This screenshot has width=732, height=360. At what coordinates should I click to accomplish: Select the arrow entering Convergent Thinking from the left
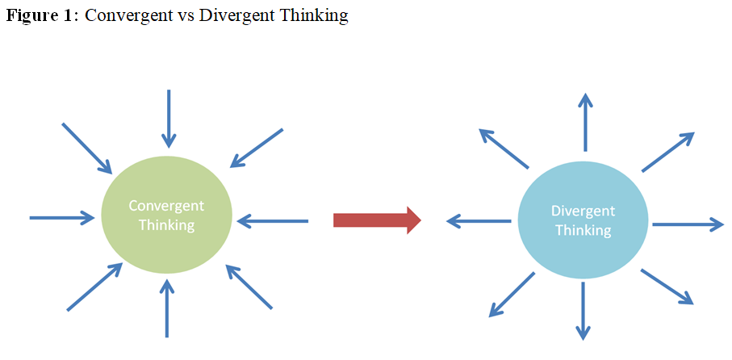(61, 217)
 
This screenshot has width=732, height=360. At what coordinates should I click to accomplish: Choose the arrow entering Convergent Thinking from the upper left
(87, 148)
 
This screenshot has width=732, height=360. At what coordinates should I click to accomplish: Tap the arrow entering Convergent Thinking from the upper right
(257, 148)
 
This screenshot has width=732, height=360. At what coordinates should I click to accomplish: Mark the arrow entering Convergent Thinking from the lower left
(94, 287)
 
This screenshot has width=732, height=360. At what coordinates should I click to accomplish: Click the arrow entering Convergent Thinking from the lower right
(249, 287)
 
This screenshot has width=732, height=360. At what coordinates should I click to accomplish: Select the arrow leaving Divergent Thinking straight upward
(585, 122)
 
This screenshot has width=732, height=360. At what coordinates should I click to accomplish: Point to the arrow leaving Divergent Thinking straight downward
(583, 311)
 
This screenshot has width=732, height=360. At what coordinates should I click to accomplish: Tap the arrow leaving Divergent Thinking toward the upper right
(668, 152)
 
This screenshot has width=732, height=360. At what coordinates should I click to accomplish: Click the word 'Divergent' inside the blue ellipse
(583, 211)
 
